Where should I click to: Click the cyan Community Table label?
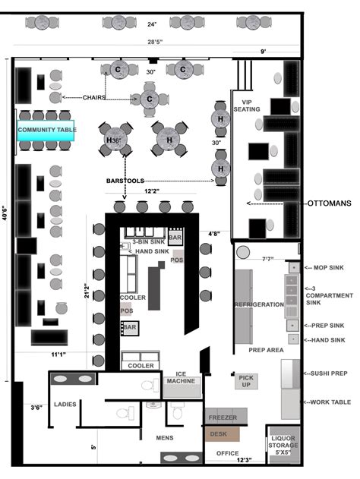click(46, 130)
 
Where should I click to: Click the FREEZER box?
click(223, 418)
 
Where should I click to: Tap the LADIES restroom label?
click(65, 404)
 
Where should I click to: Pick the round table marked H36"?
click(115, 140)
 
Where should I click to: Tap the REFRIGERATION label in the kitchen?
click(259, 304)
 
